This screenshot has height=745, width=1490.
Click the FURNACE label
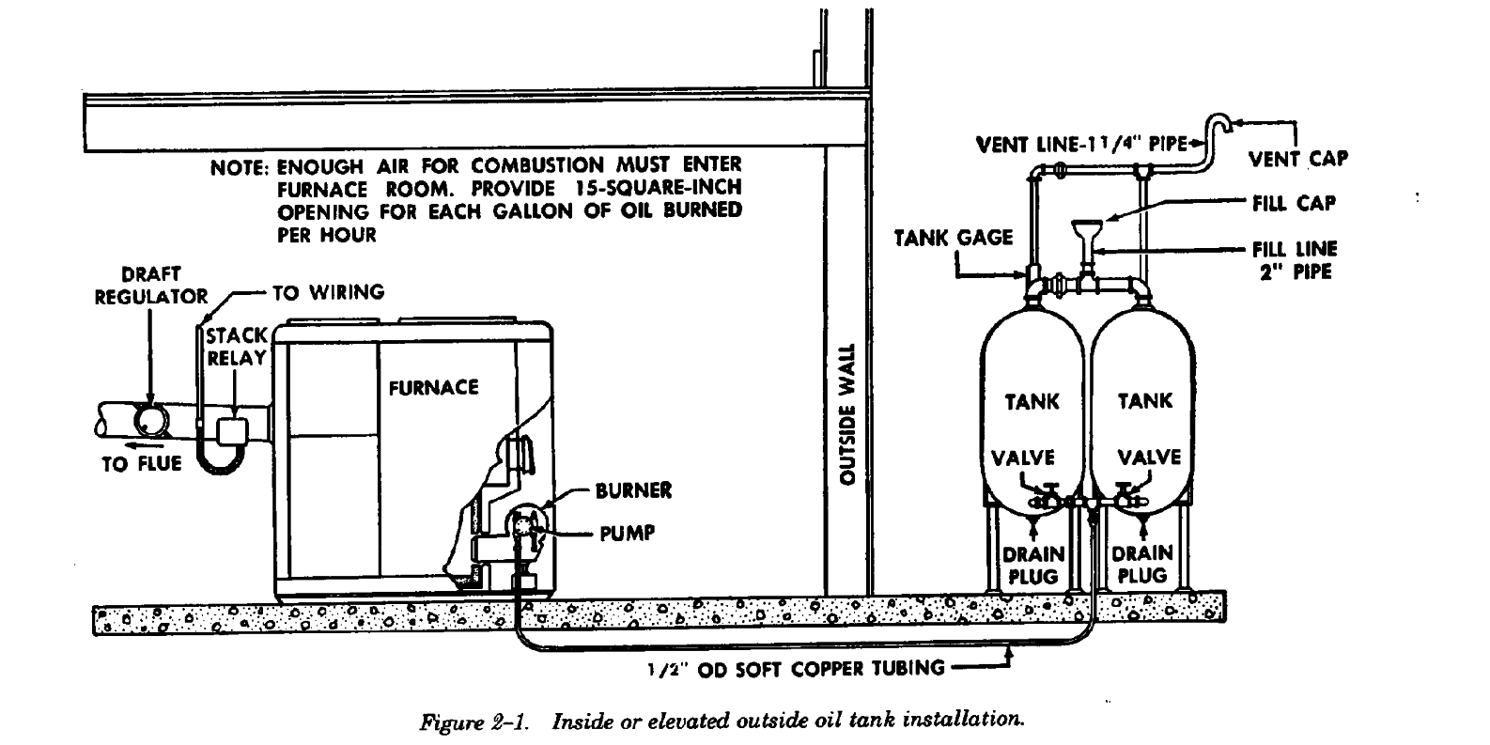(x=433, y=387)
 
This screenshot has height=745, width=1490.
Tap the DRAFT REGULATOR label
(x=150, y=286)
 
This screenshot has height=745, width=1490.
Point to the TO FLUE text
(x=141, y=464)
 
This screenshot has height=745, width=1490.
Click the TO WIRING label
(x=328, y=292)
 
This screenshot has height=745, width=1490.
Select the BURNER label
(x=633, y=491)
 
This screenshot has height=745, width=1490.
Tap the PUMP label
(x=627, y=534)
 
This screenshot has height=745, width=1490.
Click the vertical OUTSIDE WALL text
(x=846, y=413)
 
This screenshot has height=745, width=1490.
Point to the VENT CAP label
(x=1297, y=159)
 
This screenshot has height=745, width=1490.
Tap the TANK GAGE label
(x=953, y=238)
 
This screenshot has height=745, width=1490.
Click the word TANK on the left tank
(x=1032, y=402)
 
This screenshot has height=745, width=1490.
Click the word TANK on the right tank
(x=1144, y=401)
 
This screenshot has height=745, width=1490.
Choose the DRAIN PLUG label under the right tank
(x=1142, y=564)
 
